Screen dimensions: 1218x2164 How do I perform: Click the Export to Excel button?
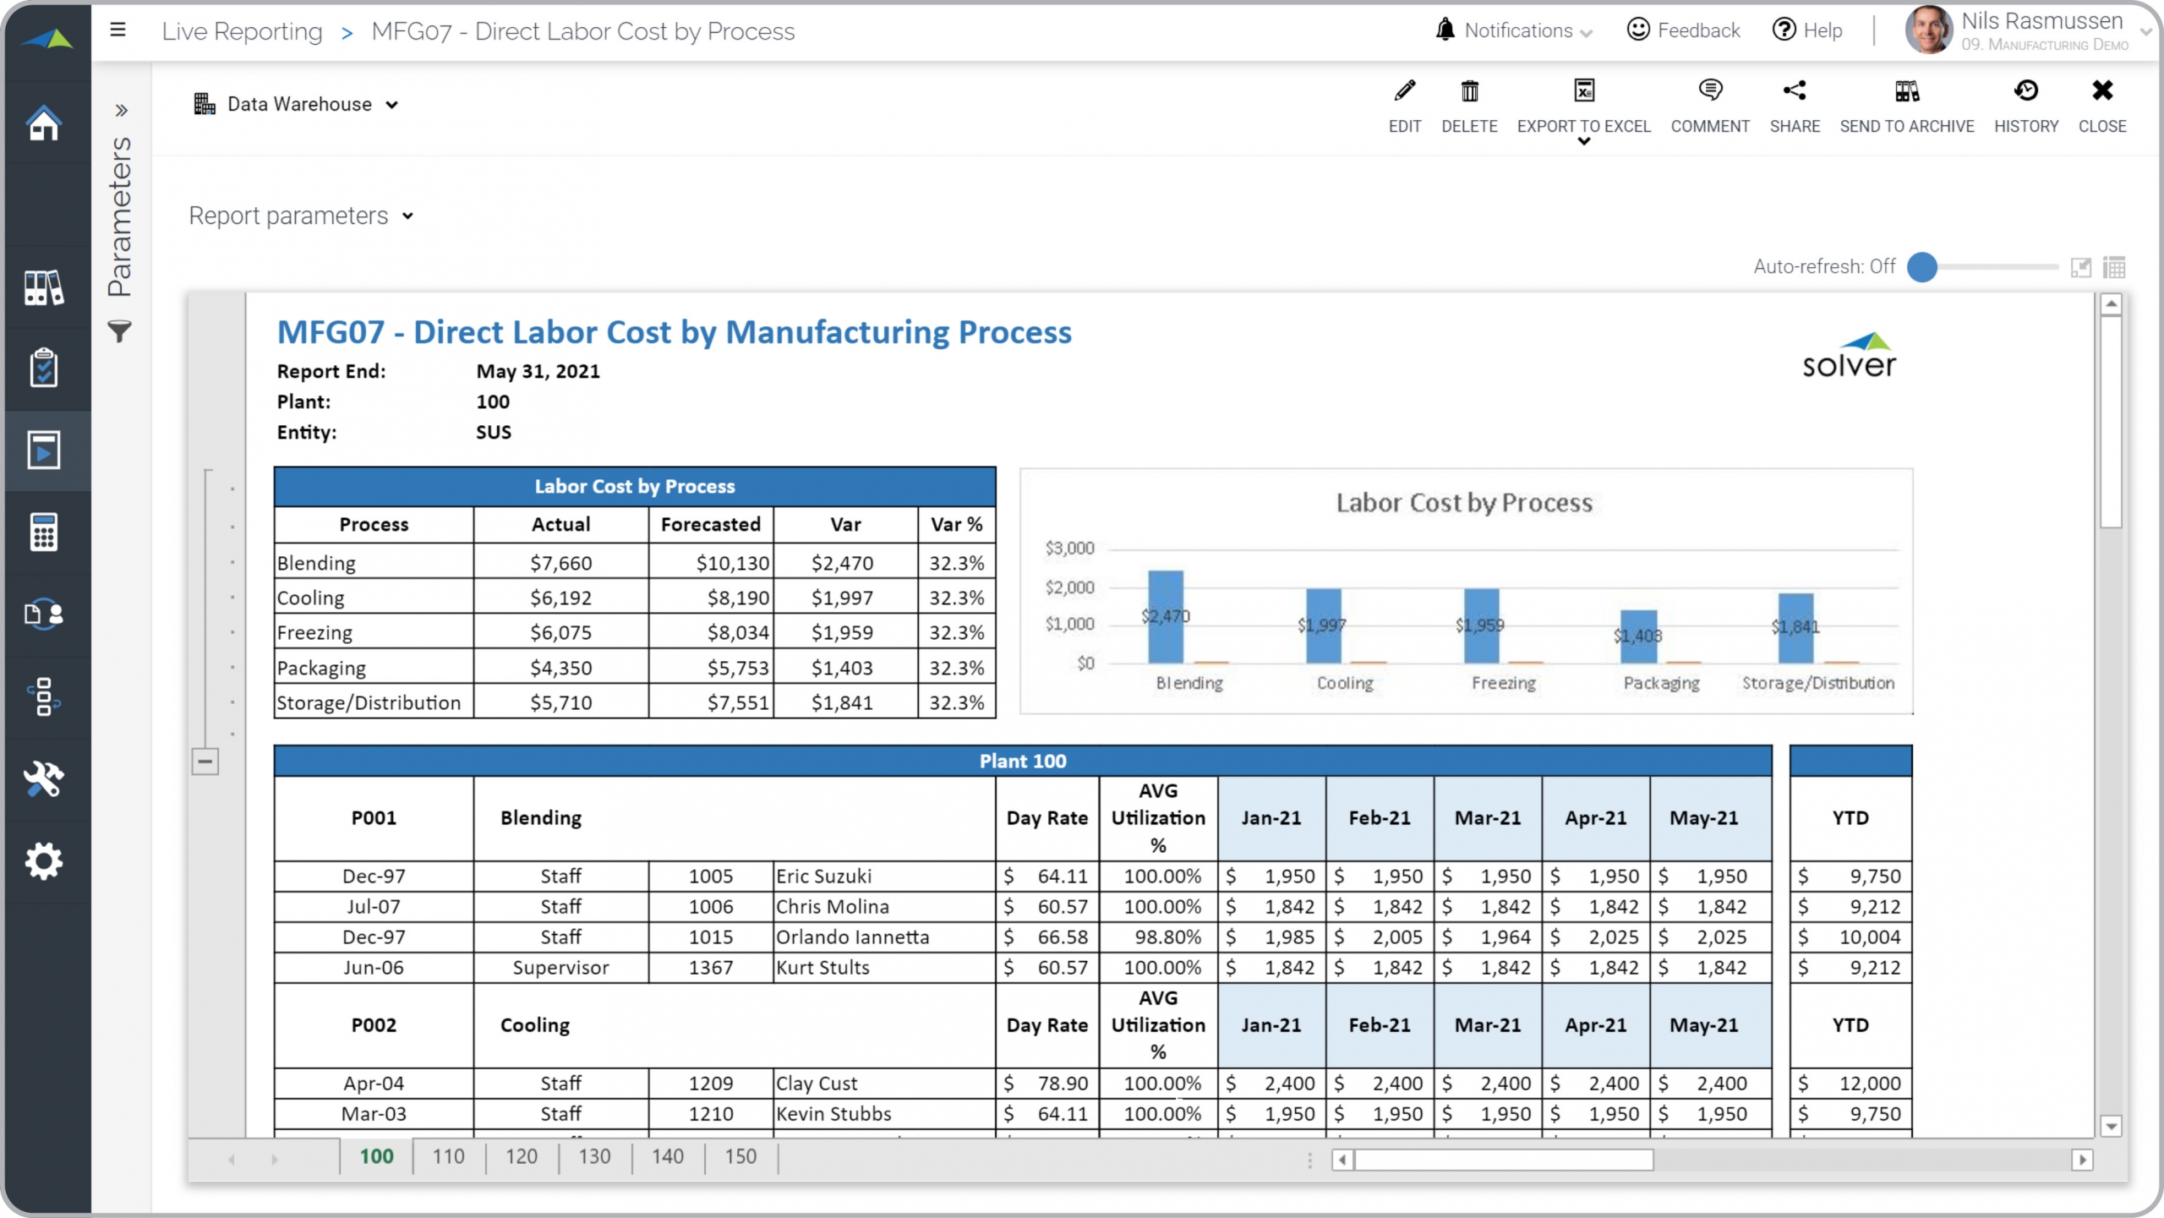click(1583, 105)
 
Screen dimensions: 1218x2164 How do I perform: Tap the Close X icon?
click(2101, 91)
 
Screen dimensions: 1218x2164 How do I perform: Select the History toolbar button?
click(2025, 105)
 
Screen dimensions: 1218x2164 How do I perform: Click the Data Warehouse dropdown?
click(296, 105)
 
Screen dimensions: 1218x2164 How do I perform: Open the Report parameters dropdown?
click(301, 216)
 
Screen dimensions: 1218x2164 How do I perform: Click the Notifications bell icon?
click(1445, 30)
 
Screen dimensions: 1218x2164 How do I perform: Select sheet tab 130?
click(594, 1156)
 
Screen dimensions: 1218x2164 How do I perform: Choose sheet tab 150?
click(740, 1156)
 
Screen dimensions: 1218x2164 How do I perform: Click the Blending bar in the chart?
click(1166, 617)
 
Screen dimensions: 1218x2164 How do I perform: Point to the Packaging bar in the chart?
click(1638, 636)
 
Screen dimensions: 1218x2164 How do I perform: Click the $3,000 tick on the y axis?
click(1069, 549)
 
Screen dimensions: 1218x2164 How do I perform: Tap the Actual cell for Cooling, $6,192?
click(560, 598)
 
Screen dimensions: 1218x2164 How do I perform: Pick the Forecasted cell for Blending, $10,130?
click(732, 564)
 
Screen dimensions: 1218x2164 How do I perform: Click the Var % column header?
click(956, 525)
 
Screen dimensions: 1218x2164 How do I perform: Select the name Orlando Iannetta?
click(852, 937)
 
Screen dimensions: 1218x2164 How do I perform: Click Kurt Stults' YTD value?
click(1874, 968)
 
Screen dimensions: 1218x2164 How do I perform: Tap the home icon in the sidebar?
click(44, 123)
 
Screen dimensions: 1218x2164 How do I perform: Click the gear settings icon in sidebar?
click(44, 861)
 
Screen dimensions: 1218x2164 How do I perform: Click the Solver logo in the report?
click(1849, 356)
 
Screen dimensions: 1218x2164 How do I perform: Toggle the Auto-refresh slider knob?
click(1922, 267)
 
